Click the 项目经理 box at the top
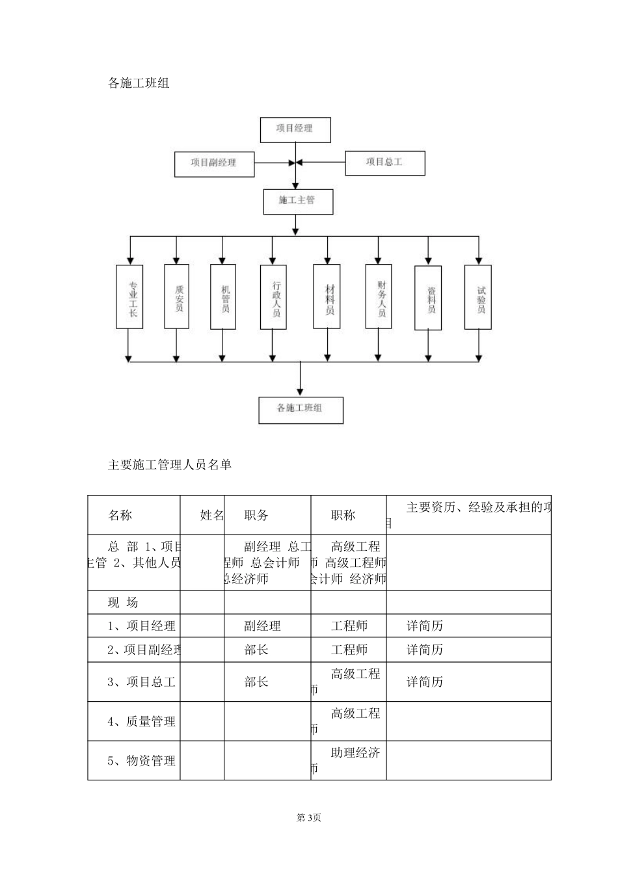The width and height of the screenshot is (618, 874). pos(295,129)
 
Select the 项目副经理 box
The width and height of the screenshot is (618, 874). pos(214,163)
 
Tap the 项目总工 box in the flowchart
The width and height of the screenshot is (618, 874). pos(384,163)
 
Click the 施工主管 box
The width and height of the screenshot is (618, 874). pos(298,201)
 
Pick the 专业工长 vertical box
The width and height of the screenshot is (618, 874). pos(129,296)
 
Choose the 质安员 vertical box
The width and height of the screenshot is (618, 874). pos(177,296)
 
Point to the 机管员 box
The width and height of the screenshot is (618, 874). pos(222,297)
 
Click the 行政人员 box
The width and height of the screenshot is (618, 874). pos(273,296)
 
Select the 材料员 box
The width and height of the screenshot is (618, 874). pos(327,296)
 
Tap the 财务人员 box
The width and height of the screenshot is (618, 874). pos(379,296)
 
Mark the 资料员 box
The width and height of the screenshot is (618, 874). pos(428,297)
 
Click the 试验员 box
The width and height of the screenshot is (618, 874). pos(478,297)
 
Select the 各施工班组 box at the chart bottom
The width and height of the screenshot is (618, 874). pos(301,410)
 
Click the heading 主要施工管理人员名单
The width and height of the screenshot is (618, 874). pos(170,465)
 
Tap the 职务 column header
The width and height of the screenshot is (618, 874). pos(256,516)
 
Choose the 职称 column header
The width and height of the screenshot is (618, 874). pos(343,516)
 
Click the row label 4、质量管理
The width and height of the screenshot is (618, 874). pos(141,721)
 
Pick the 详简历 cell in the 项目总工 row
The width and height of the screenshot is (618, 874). pos(425,682)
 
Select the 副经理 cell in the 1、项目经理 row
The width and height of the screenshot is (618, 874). pos(262,626)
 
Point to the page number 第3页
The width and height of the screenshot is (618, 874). pos(309,817)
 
